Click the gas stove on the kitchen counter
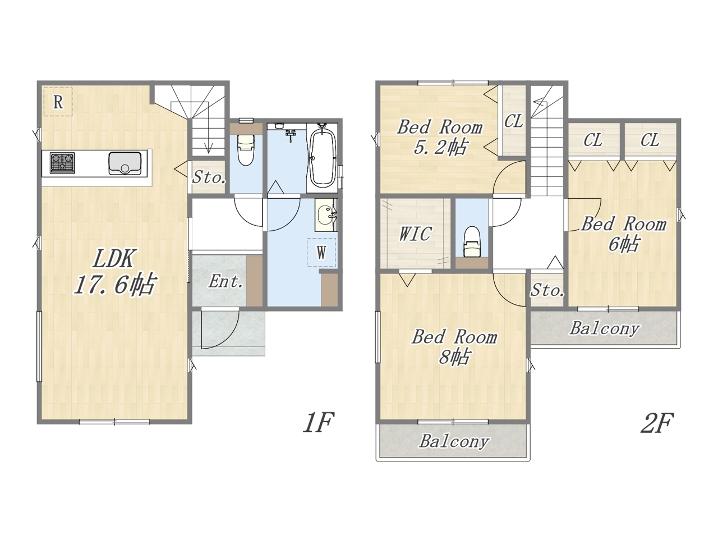tap(62, 163)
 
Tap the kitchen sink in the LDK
tap(125, 163)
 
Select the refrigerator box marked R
tap(58, 102)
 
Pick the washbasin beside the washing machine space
tap(326, 215)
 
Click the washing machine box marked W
tap(321, 252)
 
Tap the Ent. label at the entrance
tap(225, 281)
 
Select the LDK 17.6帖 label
tap(115, 272)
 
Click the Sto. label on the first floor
tap(209, 177)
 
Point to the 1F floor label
tap(318, 422)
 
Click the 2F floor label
tap(657, 422)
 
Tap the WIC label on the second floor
tap(415, 234)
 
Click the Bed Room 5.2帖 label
tap(440, 138)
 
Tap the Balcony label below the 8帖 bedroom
tap(454, 441)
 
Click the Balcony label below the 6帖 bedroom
tap(605, 328)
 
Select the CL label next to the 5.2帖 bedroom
tap(513, 121)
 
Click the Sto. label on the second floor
tap(547, 290)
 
